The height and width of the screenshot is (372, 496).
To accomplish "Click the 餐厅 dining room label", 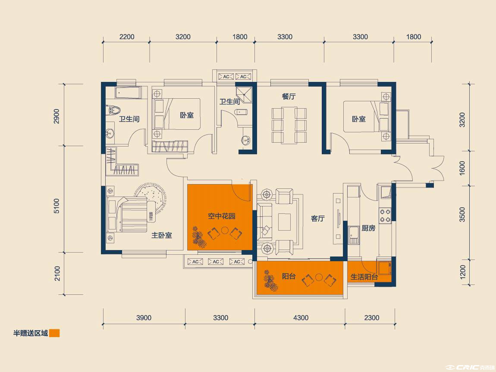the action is tap(289, 97).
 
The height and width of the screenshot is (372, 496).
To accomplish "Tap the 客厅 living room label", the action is tap(317, 219).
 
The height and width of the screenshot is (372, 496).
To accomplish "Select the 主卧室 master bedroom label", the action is tap(162, 235).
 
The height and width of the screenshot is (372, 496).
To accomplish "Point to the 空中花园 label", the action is tap(221, 216).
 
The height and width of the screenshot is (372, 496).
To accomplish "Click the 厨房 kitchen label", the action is tap(368, 228).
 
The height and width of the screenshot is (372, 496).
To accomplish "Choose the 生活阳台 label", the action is tap(364, 277).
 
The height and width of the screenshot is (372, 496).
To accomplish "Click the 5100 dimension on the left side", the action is tap(57, 206).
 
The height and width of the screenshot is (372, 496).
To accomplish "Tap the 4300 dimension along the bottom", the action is tap(301, 318).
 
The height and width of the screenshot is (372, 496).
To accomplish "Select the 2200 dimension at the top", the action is tap(127, 37).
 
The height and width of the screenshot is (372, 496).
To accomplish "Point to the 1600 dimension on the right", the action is tap(462, 168).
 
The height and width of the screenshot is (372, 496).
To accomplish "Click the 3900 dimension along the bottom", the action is tap(144, 318).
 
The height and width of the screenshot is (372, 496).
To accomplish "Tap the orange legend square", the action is tap(54, 333).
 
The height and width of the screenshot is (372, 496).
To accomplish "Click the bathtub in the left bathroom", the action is tap(128, 93).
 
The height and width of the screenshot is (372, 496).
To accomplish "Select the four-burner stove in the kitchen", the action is tap(385, 216).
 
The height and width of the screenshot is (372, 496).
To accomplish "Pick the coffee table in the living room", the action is tap(284, 222).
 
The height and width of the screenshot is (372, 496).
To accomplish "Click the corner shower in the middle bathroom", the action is tap(244, 95).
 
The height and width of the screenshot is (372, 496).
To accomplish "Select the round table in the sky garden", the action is tap(225, 230).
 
